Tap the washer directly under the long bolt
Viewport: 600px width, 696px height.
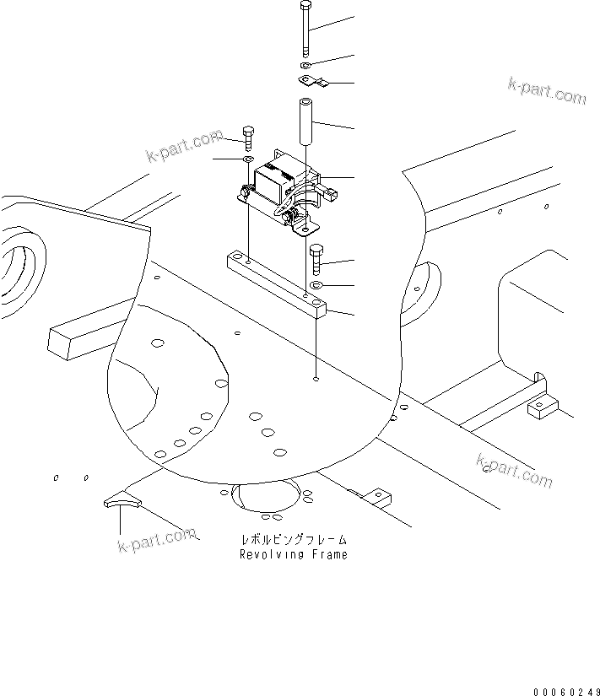(x=306, y=65)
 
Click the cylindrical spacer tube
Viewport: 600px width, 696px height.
(x=305, y=121)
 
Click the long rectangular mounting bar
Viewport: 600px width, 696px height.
(x=277, y=282)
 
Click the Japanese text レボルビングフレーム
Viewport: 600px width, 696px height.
(x=293, y=539)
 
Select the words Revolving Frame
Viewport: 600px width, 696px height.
(x=293, y=554)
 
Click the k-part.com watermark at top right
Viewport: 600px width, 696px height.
(x=547, y=91)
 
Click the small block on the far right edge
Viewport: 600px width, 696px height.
(x=541, y=408)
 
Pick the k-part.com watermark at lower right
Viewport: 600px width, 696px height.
(x=514, y=471)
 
